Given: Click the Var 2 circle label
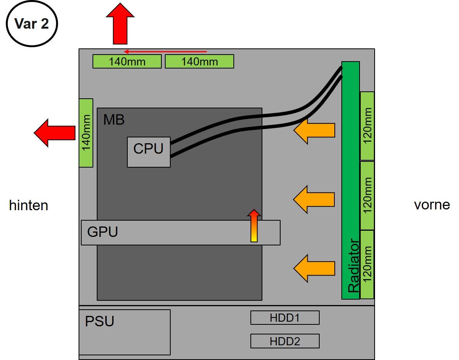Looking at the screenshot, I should coord(32,24).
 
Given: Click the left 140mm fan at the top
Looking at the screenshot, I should coord(127,62).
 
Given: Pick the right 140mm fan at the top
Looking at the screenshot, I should coord(199,62).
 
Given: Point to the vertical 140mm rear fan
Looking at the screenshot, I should coord(86,133).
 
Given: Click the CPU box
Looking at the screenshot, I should coord(149,152).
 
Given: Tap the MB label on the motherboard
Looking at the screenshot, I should coord(114,120).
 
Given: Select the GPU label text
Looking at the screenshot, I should coord(103,232).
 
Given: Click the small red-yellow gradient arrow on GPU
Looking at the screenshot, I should coord(254,226).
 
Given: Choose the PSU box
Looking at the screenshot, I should coord(124,332).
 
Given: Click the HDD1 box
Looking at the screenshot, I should coord(285,318).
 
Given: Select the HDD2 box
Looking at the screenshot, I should coord(285,341).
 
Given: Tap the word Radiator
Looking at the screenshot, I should coord(354,266).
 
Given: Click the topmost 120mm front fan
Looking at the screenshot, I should coord(367,126).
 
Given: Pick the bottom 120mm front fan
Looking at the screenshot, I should coord(367,264).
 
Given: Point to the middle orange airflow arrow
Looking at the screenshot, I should coord(314,199).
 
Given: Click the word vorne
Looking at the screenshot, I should coord(432,204).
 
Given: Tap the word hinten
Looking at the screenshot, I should coord(29,205).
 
